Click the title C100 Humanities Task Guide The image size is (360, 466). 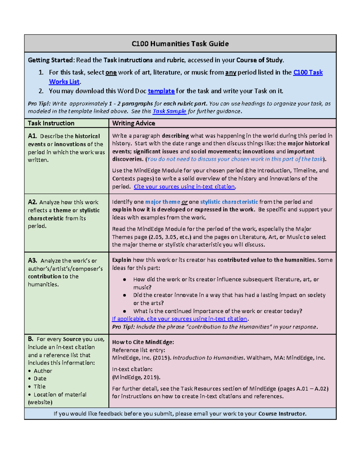[x=180, y=44]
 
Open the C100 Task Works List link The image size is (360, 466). [x=307, y=72]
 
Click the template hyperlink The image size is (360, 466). [x=161, y=91]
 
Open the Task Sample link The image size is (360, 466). [x=169, y=111]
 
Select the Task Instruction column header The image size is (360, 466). [x=51, y=123]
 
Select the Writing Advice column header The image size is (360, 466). [x=133, y=123]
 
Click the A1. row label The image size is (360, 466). [x=32, y=136]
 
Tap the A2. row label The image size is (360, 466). [x=32, y=202]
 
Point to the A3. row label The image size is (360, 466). [x=32, y=260]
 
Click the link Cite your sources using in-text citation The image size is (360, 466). [x=184, y=187]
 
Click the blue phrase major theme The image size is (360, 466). [x=162, y=202]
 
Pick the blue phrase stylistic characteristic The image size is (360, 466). [x=229, y=202]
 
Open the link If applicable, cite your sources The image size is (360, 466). [x=179, y=319]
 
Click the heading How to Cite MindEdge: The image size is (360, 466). [x=143, y=342]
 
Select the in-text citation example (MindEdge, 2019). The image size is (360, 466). [x=136, y=377]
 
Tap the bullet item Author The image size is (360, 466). [x=43, y=371]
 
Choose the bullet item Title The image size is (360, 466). [x=39, y=386]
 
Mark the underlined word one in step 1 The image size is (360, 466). [x=111, y=73]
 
